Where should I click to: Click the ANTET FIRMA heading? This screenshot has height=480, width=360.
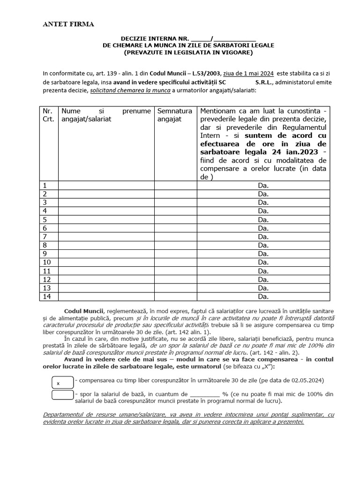[68, 24]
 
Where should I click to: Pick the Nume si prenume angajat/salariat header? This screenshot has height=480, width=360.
[106, 115]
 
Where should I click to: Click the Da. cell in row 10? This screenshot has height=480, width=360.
[263, 262]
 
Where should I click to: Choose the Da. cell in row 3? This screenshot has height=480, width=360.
[263, 202]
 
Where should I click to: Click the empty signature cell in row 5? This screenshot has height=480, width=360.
[175, 219]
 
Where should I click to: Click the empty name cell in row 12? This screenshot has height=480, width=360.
[106, 279]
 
